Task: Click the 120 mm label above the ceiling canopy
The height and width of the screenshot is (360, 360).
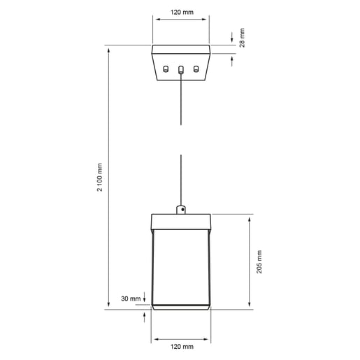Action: (x=181, y=13)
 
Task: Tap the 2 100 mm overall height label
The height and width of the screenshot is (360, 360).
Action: (x=100, y=179)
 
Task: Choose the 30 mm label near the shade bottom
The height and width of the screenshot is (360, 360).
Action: (x=131, y=298)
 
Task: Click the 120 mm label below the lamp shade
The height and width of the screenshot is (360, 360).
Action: (x=181, y=347)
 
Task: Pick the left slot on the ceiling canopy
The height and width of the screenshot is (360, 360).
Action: (x=166, y=69)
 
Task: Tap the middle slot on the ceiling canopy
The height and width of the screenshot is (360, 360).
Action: (x=181, y=69)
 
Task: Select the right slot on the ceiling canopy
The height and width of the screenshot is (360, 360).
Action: (x=196, y=69)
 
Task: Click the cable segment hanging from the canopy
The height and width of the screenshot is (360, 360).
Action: (x=181, y=101)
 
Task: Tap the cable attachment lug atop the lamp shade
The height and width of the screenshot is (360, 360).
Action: (x=181, y=209)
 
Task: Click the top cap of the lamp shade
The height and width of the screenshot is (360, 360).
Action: (x=181, y=222)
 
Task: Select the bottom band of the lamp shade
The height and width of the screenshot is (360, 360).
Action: (x=181, y=305)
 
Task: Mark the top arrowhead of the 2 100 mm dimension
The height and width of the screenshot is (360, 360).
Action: (x=109, y=49)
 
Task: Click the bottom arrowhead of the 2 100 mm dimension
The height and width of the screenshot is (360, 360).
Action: (x=109, y=305)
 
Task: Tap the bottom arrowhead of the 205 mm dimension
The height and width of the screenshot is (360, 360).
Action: (x=250, y=305)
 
